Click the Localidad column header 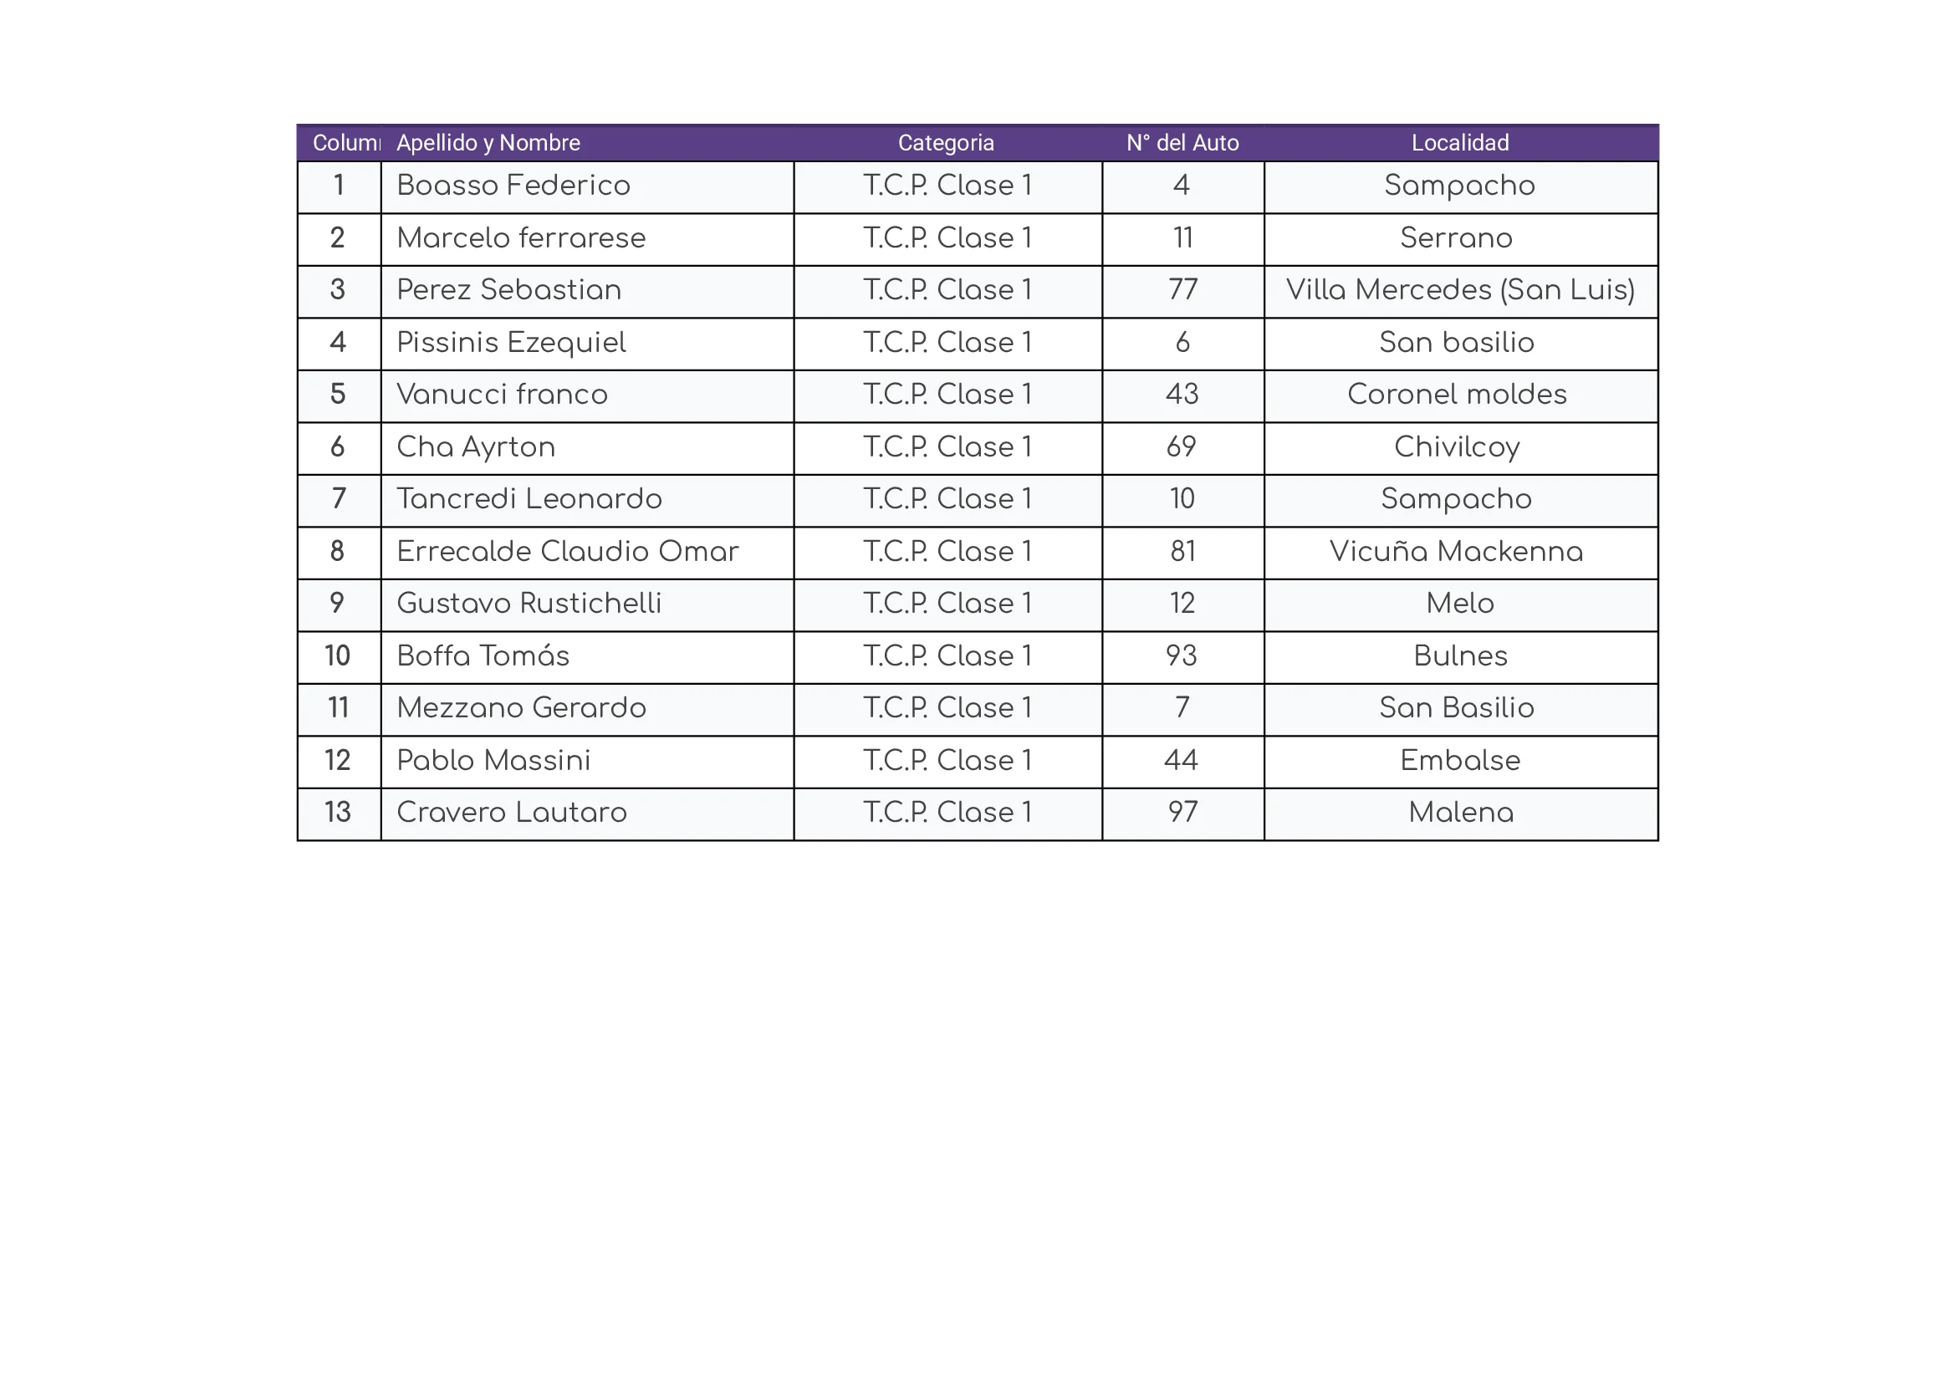tap(1459, 143)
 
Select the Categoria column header tap(946, 143)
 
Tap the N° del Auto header tap(1182, 143)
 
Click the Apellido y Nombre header tap(488, 143)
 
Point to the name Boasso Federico tap(513, 186)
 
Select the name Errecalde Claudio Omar tap(567, 552)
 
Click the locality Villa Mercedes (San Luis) tap(1459, 290)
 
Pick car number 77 tap(1182, 290)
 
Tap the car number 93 tap(1182, 655)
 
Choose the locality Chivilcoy tap(1457, 447)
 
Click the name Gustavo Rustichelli tap(529, 604)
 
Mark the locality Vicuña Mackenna tap(1456, 552)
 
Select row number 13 tap(337, 813)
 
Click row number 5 tap(337, 395)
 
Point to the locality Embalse tap(1459, 761)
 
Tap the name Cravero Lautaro tap(511, 813)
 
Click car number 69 tap(1182, 447)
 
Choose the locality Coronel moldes tap(1457, 395)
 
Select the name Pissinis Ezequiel tap(511, 342)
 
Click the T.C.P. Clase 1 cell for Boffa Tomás tap(947, 655)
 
